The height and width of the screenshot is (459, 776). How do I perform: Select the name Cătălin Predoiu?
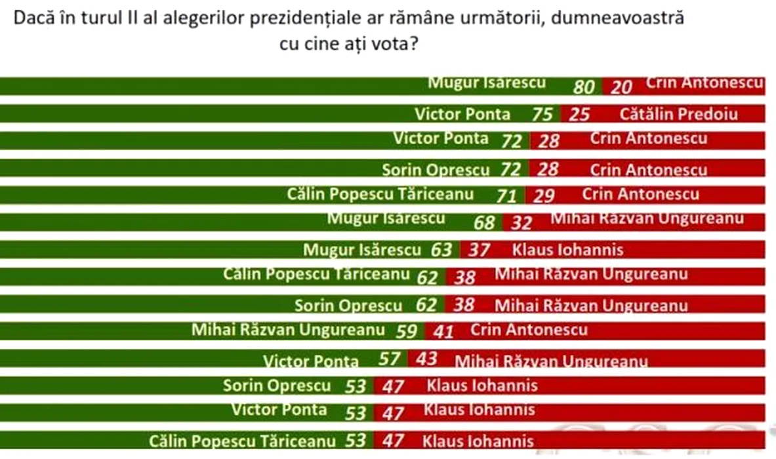pyautogui.click(x=679, y=114)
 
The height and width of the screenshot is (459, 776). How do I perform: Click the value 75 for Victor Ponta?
pyautogui.click(x=542, y=114)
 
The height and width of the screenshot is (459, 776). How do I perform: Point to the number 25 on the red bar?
pyautogui.click(x=579, y=114)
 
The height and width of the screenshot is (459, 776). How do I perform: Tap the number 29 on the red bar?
pyautogui.click(x=544, y=195)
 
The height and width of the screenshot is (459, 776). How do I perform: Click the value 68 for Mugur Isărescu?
pyautogui.click(x=484, y=223)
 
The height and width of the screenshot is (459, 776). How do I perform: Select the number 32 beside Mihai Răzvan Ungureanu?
pyautogui.click(x=521, y=223)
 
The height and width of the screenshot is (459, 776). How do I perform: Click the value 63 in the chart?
pyautogui.click(x=441, y=250)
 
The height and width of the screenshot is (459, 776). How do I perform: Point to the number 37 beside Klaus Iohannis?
pyautogui.click(x=479, y=250)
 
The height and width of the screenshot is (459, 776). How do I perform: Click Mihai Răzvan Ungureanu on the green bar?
pyautogui.click(x=287, y=330)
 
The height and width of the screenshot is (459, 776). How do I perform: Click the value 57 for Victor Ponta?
pyautogui.click(x=389, y=359)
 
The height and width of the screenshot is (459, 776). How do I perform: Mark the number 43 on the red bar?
pyautogui.click(x=426, y=359)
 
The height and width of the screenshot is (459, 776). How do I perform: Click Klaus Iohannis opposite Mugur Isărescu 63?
pyautogui.click(x=567, y=250)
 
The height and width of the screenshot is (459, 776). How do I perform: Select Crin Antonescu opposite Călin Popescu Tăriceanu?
pyautogui.click(x=641, y=194)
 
